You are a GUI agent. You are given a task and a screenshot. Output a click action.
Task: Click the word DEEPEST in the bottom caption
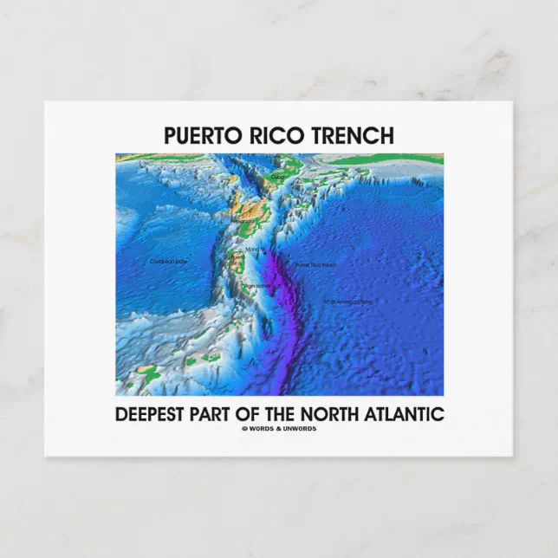[155, 413]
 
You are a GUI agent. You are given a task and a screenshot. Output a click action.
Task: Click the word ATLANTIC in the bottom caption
[406, 413]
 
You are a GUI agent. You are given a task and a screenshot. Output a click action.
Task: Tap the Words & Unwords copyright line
[279, 429]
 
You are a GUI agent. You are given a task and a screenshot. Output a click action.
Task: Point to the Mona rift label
[255, 250]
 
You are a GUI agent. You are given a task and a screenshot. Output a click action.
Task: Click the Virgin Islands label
[257, 285]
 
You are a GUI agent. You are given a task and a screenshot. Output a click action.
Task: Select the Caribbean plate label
[169, 261]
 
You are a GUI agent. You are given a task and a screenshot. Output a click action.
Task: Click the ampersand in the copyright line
[280, 429]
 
